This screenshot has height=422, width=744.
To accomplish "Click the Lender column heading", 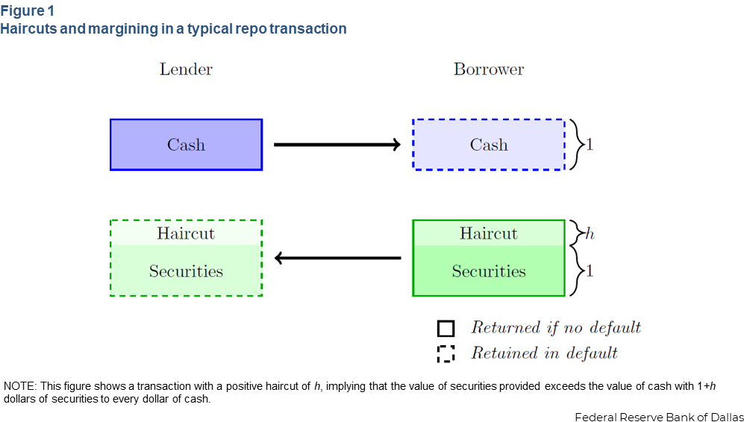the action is [186, 69].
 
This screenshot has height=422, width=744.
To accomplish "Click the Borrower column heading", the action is [489, 69].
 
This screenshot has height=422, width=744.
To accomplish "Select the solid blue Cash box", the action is [186, 144].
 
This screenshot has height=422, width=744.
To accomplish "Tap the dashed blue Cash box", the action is [489, 144].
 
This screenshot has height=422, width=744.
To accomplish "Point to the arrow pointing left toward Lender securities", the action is [338, 258].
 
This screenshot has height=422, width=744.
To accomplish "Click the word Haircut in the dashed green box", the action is [186, 234].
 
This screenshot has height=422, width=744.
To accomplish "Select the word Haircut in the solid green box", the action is [489, 234].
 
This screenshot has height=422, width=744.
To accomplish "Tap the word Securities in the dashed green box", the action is [186, 271].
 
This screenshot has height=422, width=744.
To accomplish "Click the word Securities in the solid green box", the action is [489, 271].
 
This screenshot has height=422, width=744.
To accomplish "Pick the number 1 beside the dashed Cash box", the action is [590, 145].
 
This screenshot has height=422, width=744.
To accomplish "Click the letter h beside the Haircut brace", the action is [590, 234].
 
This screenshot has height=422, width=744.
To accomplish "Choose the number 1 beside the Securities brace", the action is [590, 271].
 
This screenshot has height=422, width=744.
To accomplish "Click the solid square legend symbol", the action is [446, 329].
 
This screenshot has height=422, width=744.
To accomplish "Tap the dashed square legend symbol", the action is [446, 353].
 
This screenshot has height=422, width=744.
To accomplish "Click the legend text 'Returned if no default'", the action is [556, 328].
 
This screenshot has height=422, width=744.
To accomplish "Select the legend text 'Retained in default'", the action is [544, 353].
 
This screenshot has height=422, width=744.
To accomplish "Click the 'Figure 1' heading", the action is [28, 10].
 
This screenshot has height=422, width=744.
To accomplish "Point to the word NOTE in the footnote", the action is [15, 386].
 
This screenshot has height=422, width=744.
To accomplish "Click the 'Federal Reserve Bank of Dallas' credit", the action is [659, 418].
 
